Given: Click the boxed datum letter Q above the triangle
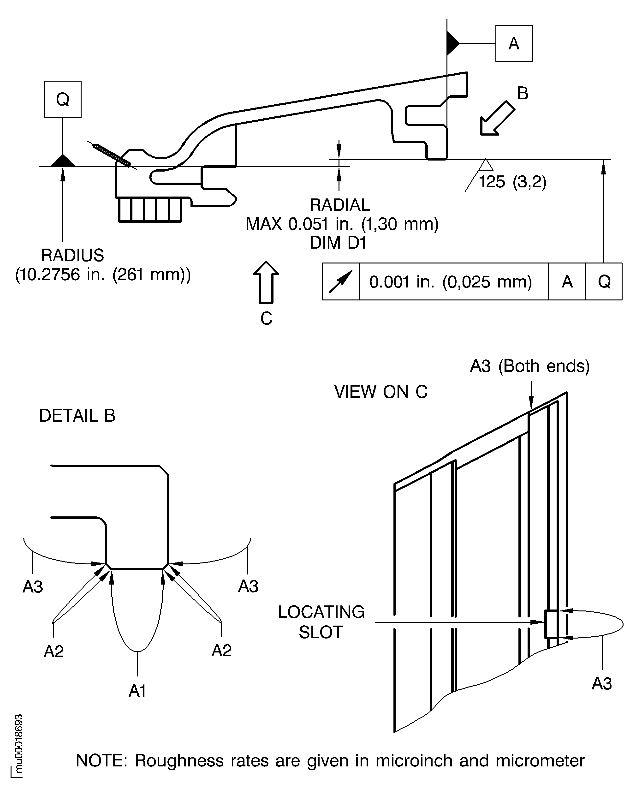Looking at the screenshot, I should (63, 99).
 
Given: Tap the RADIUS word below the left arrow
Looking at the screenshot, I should (72, 255).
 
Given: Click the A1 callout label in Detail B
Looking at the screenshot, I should (137, 691).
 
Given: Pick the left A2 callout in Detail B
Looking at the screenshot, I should (54, 651).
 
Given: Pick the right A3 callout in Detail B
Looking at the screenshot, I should (248, 586).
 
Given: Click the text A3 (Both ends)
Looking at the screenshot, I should (529, 366).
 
